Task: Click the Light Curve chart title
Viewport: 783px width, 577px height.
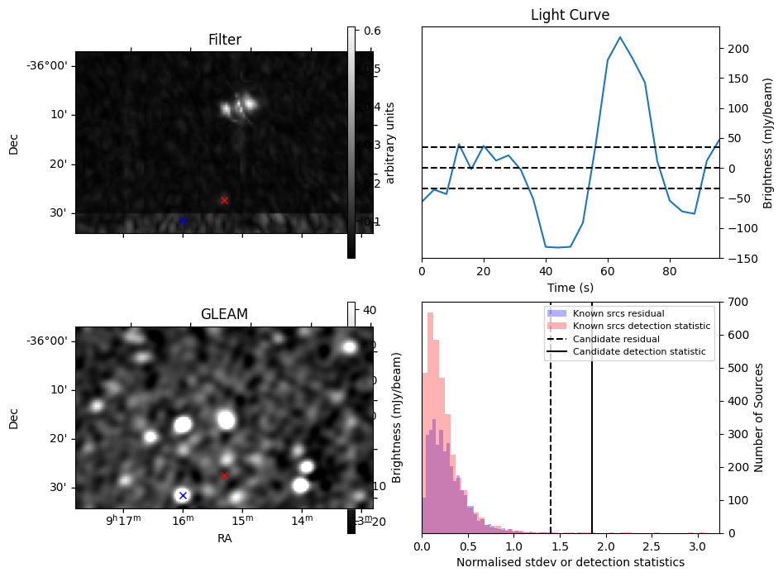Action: [x=570, y=15]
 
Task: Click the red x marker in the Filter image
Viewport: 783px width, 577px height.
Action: [x=224, y=200]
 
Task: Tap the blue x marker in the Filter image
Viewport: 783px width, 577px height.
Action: [x=183, y=221]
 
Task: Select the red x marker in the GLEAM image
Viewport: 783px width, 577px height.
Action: [x=224, y=475]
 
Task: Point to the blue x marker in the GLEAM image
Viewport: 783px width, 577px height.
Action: [x=183, y=495]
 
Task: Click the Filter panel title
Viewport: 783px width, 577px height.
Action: [x=224, y=40]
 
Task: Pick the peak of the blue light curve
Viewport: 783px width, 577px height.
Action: [x=620, y=37]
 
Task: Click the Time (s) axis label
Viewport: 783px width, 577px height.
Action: [x=570, y=287]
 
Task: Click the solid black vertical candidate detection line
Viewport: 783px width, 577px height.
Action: [x=592, y=446]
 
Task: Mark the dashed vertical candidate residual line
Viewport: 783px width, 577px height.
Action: [x=551, y=446]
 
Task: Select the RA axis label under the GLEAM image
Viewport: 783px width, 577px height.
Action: [x=224, y=538]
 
